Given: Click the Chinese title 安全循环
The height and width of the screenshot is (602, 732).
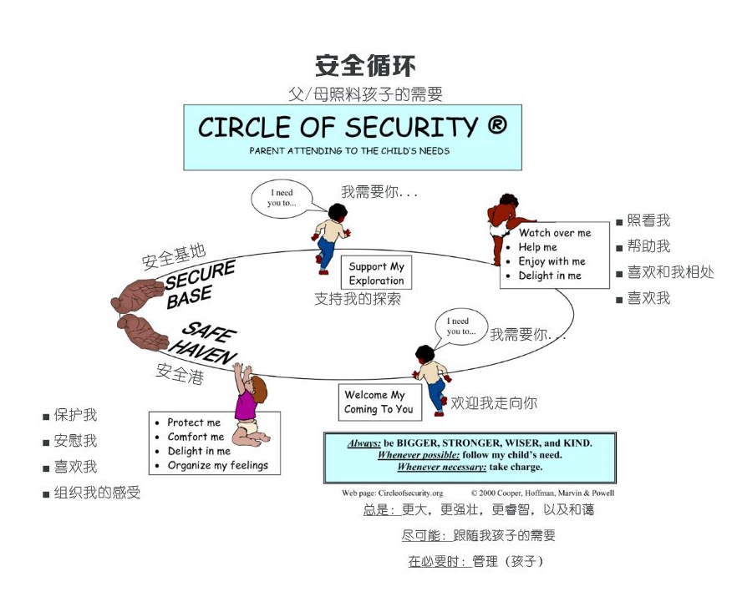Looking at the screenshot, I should [x=365, y=66].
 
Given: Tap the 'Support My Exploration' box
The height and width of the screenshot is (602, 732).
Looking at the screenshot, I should [x=376, y=273].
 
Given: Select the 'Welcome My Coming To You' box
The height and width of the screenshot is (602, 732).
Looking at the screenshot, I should [x=379, y=402].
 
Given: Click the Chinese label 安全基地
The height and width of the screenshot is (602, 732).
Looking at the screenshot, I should [x=174, y=257].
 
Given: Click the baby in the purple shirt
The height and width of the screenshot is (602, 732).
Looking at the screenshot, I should [x=247, y=405].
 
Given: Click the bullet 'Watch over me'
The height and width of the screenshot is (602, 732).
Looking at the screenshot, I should [x=554, y=233].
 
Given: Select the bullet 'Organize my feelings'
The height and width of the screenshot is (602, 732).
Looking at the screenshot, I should [x=218, y=465].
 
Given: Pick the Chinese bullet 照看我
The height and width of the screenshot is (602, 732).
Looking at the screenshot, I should [x=648, y=221].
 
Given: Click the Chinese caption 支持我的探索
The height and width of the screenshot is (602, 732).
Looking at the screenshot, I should [x=357, y=298].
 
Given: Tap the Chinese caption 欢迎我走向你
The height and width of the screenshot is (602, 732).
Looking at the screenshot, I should [x=494, y=403].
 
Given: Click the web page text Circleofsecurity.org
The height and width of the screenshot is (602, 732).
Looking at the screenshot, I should [x=409, y=493].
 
